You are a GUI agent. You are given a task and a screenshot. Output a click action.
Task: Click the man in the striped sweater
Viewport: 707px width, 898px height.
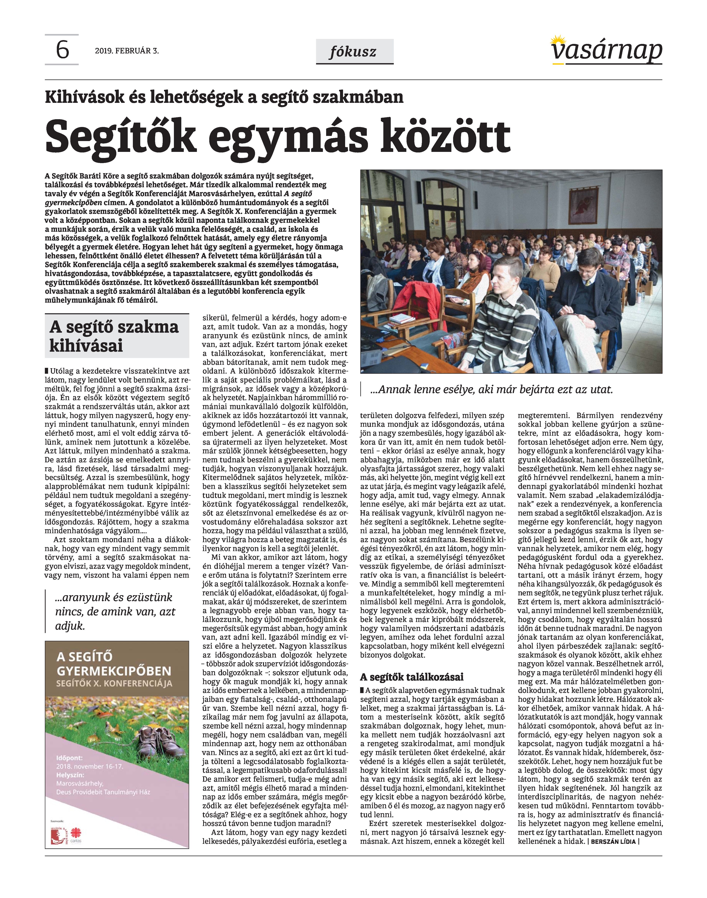tap(505, 315)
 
